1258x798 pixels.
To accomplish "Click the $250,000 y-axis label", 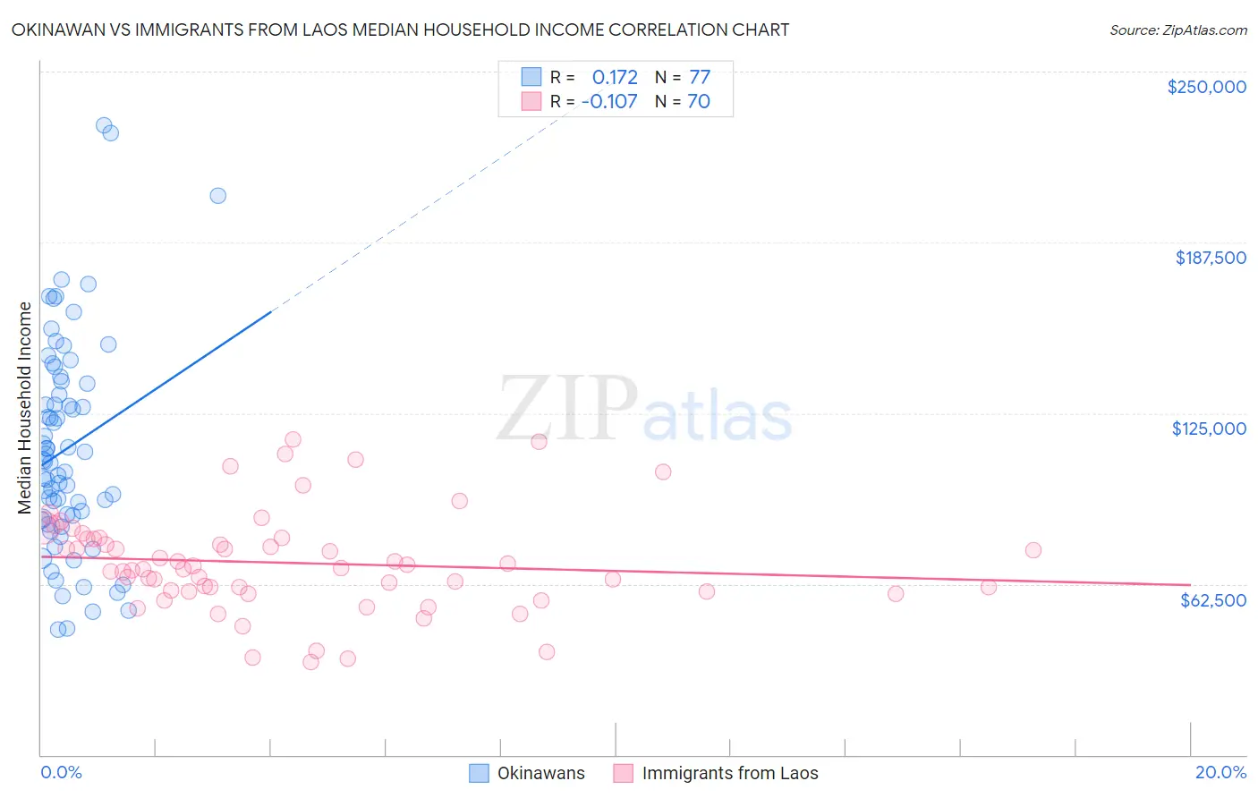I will tap(1206, 87).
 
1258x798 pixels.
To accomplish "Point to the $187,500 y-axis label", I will tap(1211, 258).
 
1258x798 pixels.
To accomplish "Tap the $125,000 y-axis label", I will tap(1209, 429).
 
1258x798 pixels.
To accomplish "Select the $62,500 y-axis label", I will tap(1213, 600).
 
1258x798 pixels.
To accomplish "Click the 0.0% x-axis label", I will tap(61, 772).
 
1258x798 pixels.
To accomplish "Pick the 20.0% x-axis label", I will tap(1220, 772).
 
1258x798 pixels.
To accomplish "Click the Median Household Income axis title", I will tap(25, 408).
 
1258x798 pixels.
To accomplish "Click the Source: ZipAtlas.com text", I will tap(1177, 30).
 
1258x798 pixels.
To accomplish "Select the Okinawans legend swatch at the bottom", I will tap(480, 773).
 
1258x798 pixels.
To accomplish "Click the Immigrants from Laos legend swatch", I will tap(624, 773).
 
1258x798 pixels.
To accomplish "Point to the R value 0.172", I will tap(615, 77).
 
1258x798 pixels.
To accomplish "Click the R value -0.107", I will tap(609, 101).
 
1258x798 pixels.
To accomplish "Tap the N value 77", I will tap(699, 77).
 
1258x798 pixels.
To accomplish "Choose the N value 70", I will tap(699, 101).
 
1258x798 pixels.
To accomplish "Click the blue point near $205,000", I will tap(217, 196).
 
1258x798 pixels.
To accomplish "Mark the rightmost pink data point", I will tap(1033, 550).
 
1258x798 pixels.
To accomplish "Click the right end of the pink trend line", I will tap(1190, 584).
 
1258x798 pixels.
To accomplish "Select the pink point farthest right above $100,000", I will tap(663, 471).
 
